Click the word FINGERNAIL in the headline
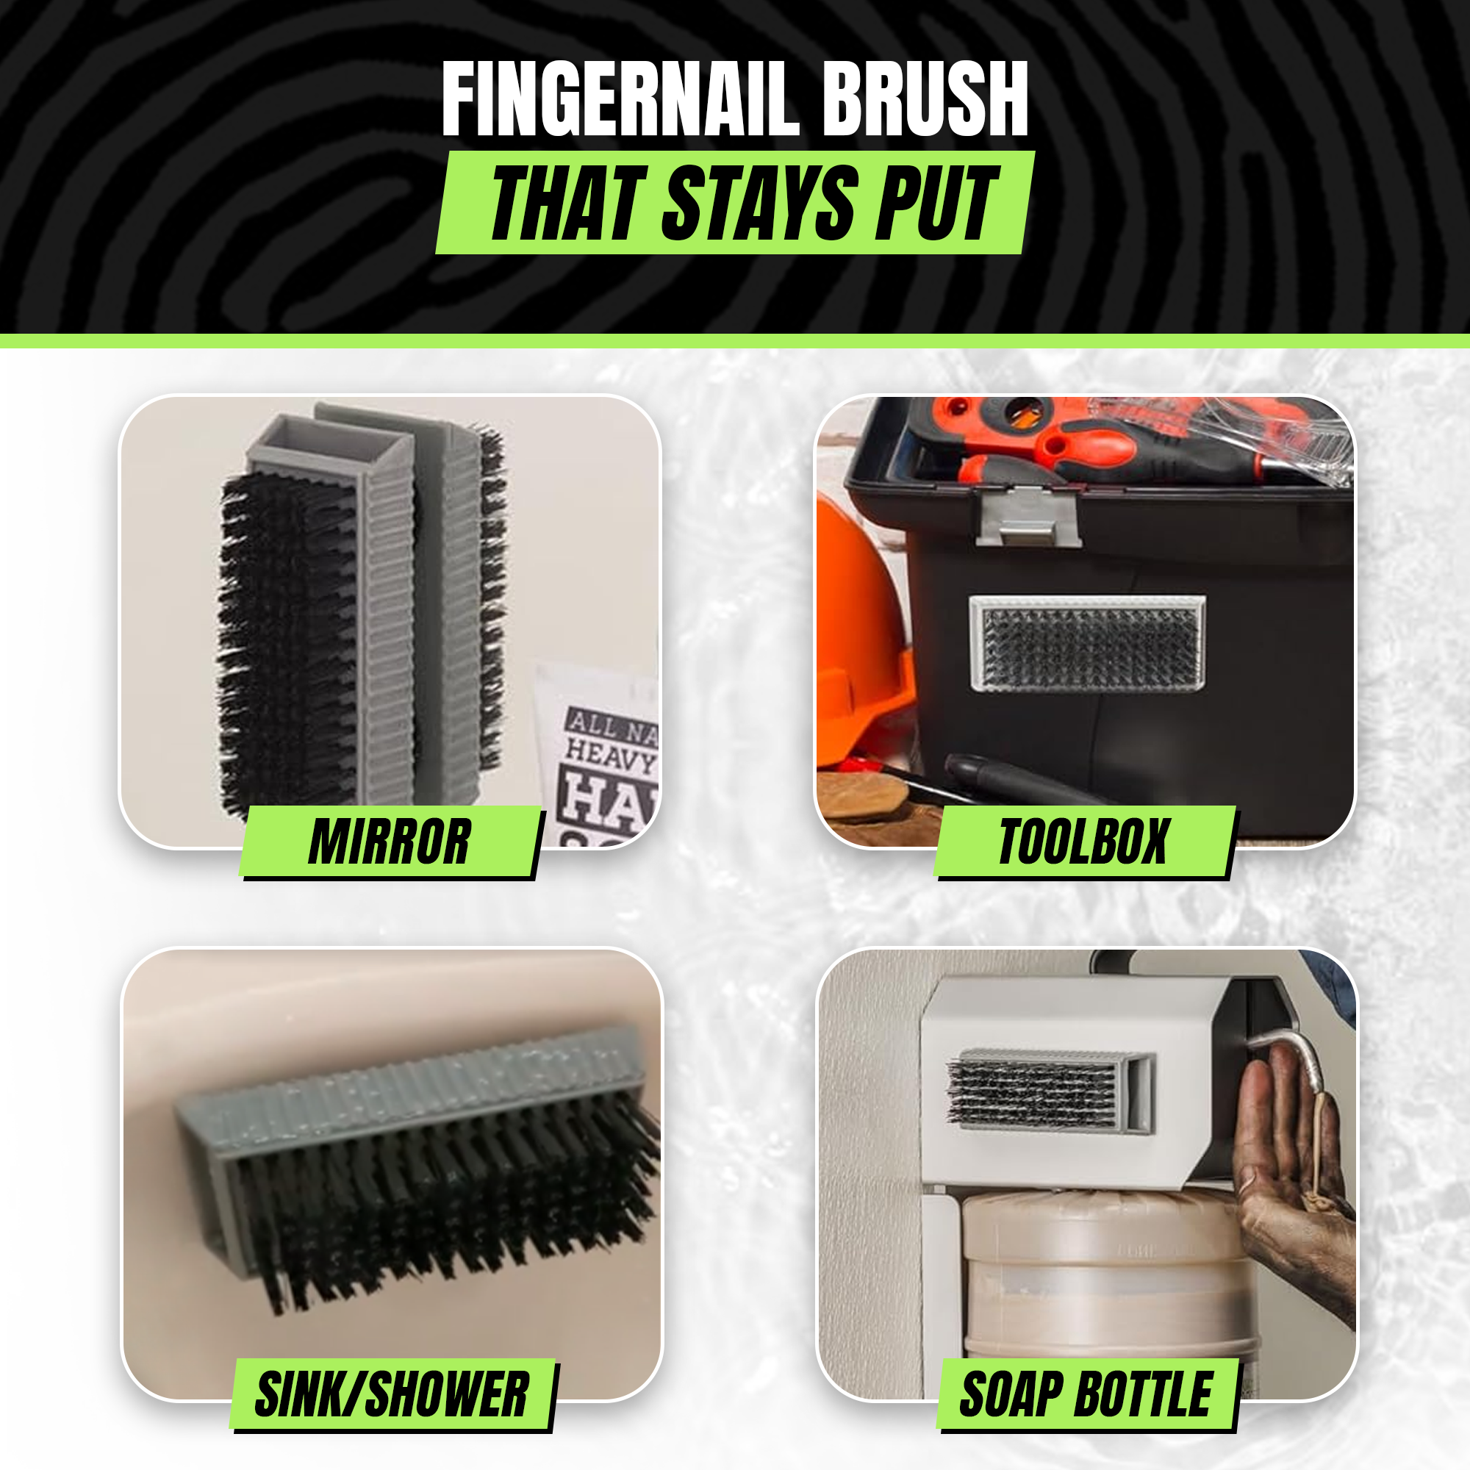coord(620,101)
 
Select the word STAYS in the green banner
coord(760,203)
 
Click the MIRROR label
coord(390,842)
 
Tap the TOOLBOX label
coord(1083,842)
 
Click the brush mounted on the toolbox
coord(1087,644)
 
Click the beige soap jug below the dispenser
coord(1096,1278)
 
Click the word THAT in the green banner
coord(567,203)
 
